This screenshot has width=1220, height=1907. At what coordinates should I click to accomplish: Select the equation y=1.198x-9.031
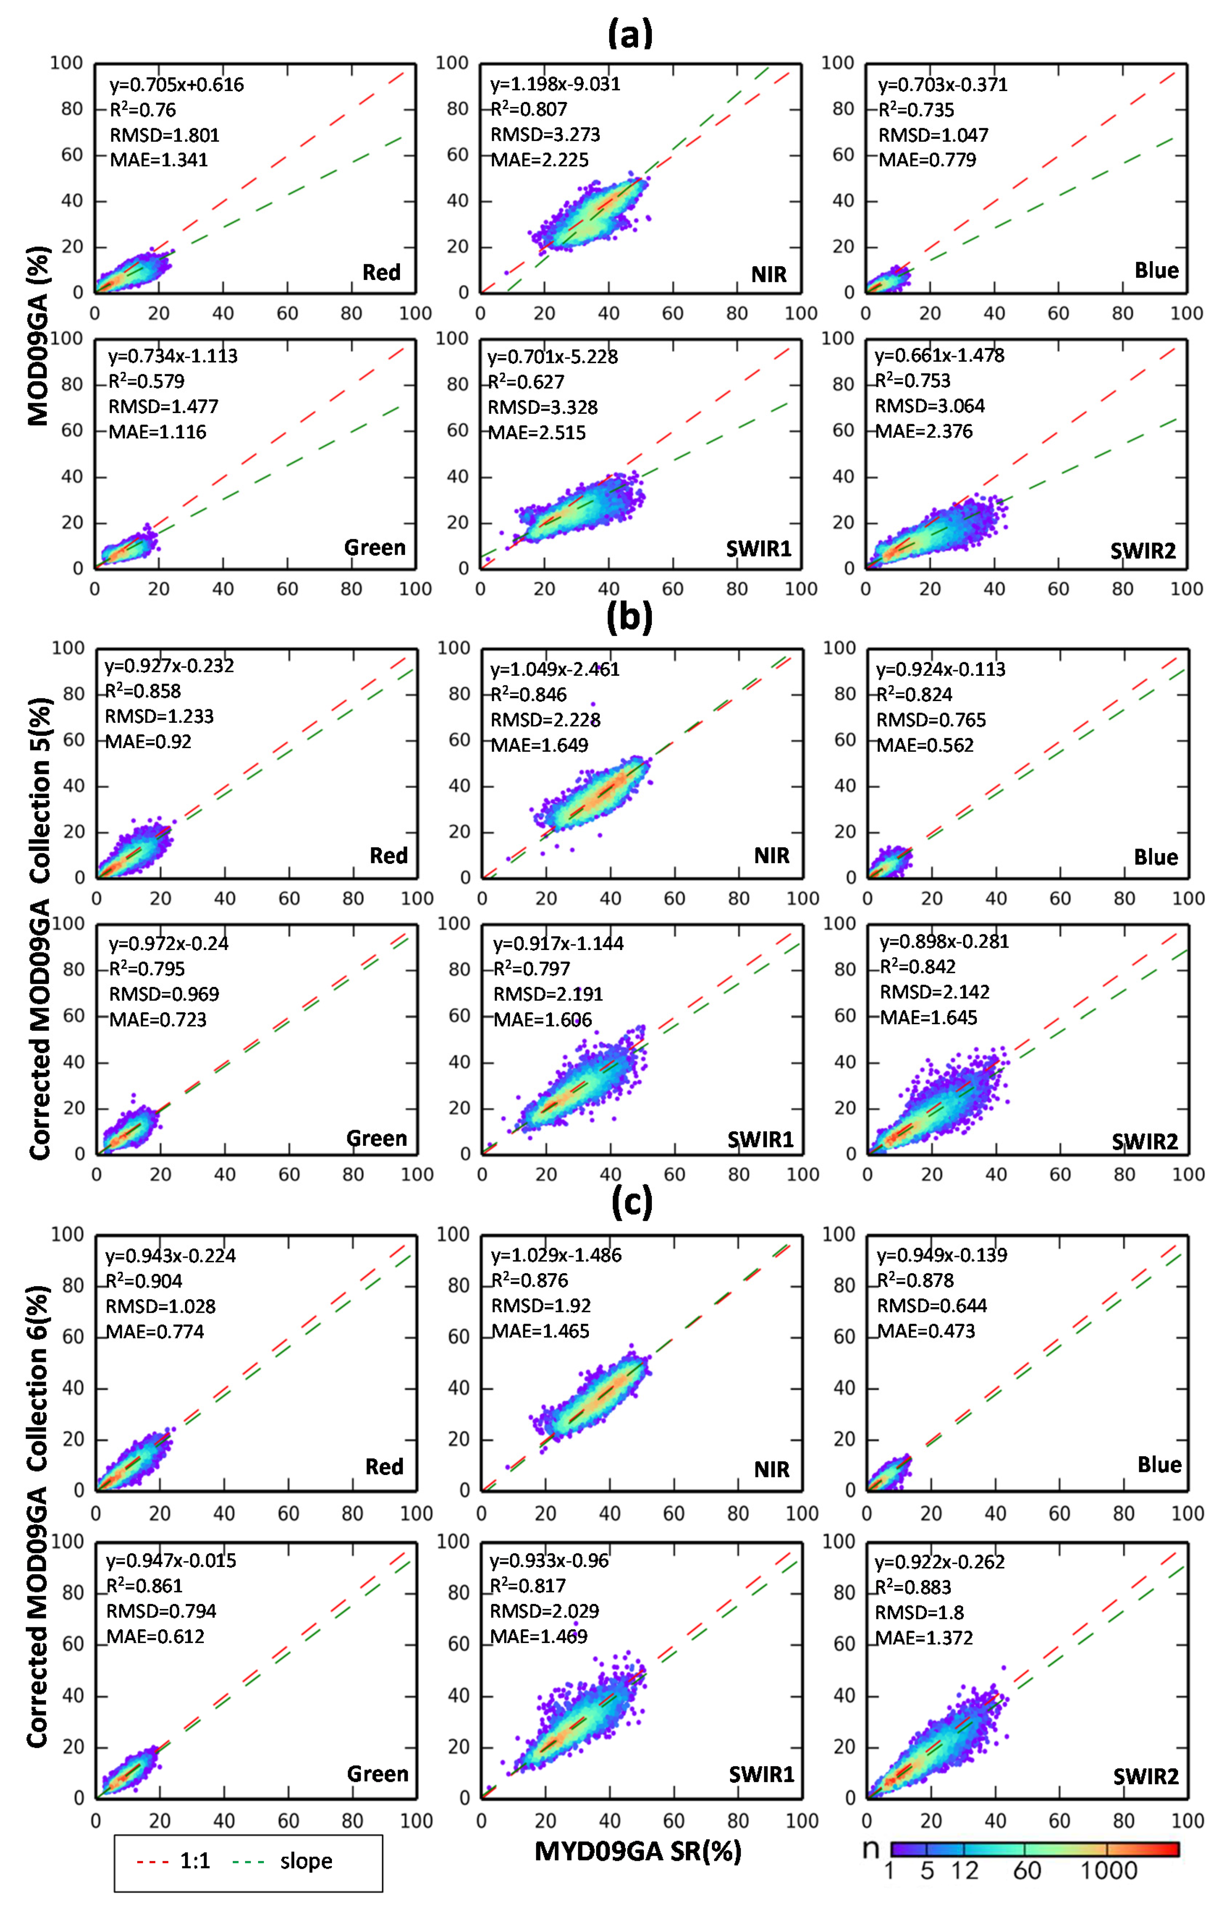[555, 84]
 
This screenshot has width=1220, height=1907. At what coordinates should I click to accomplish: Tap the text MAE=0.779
[927, 160]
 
